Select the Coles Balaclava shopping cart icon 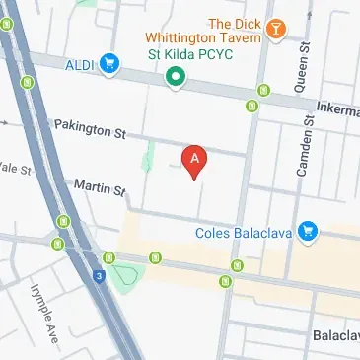pos(309,233)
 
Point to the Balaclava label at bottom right pos(334,336)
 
